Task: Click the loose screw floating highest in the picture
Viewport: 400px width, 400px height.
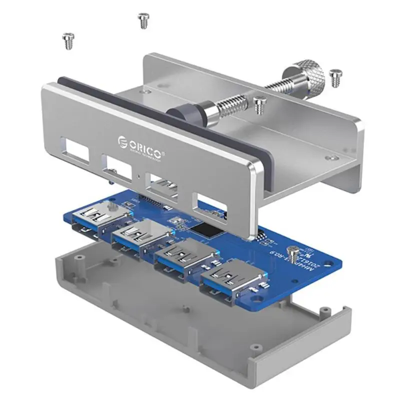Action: (x=143, y=20)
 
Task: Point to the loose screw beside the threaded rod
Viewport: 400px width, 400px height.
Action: (x=259, y=104)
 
